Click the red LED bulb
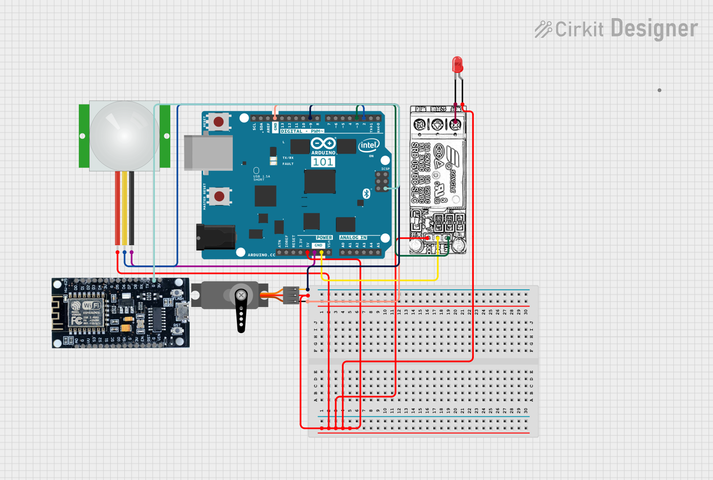tap(457, 64)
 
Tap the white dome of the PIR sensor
tap(124, 136)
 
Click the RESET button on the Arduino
tap(218, 122)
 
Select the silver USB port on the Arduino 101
tap(208, 153)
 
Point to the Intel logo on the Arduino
tap(368, 145)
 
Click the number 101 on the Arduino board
tap(323, 162)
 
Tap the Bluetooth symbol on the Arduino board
tap(366, 194)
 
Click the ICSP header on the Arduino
tap(382, 181)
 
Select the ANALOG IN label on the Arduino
tap(353, 238)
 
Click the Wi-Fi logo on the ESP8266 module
tap(91, 306)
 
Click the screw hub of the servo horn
tap(241, 296)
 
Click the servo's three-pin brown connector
tap(291, 296)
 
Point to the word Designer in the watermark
tap(654, 29)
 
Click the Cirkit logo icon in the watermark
tap(543, 29)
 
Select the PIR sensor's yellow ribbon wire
tap(124, 208)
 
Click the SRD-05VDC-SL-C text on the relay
tap(415, 173)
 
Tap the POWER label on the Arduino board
tap(324, 238)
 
